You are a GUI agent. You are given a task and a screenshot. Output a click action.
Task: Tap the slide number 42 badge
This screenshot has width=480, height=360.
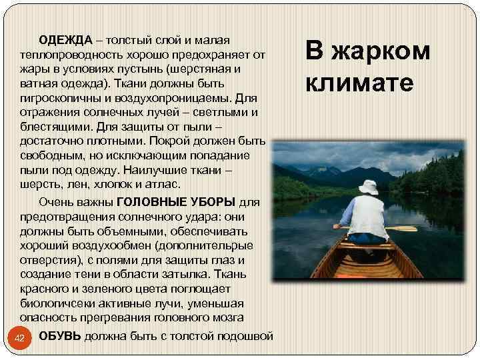[20, 339]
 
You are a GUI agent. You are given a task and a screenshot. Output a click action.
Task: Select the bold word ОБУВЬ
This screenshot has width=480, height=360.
[60, 335]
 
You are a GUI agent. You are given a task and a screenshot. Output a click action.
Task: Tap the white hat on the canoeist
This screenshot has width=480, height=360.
[368, 187]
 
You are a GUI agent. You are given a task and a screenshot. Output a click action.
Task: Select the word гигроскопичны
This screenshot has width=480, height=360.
[62, 99]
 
